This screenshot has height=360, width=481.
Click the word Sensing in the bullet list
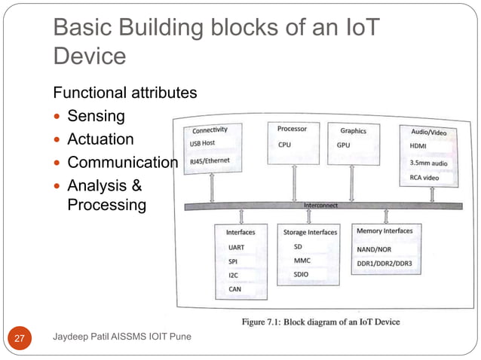(x=97, y=117)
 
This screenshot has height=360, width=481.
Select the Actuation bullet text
(x=100, y=139)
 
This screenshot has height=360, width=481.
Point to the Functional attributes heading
(x=124, y=93)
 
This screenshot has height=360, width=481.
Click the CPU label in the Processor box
(x=284, y=144)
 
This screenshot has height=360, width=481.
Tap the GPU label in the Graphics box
(x=343, y=144)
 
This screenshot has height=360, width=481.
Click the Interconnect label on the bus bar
(x=321, y=205)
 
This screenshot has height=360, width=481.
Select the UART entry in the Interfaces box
(x=236, y=247)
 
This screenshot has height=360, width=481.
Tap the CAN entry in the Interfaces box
(x=234, y=288)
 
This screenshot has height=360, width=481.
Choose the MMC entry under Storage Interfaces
(x=302, y=261)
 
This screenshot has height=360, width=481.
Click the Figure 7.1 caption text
(x=320, y=322)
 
